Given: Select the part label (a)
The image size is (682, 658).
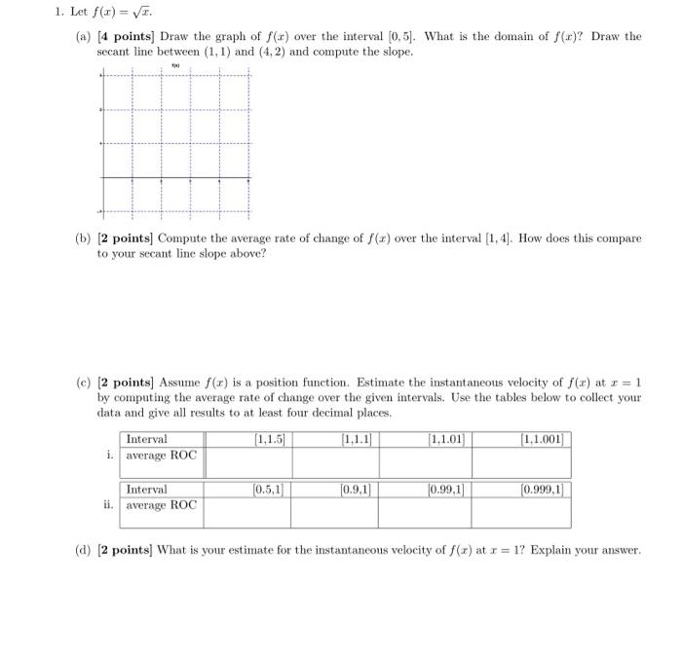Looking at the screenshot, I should (x=83, y=37).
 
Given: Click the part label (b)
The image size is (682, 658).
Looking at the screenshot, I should (x=83, y=238).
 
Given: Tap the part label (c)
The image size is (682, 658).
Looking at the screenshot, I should (x=83, y=383).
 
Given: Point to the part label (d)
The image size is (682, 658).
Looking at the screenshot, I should (x=83, y=551).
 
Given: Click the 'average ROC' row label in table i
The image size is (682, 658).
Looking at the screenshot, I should (x=161, y=455).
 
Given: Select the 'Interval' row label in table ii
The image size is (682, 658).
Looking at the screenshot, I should (x=147, y=490).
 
